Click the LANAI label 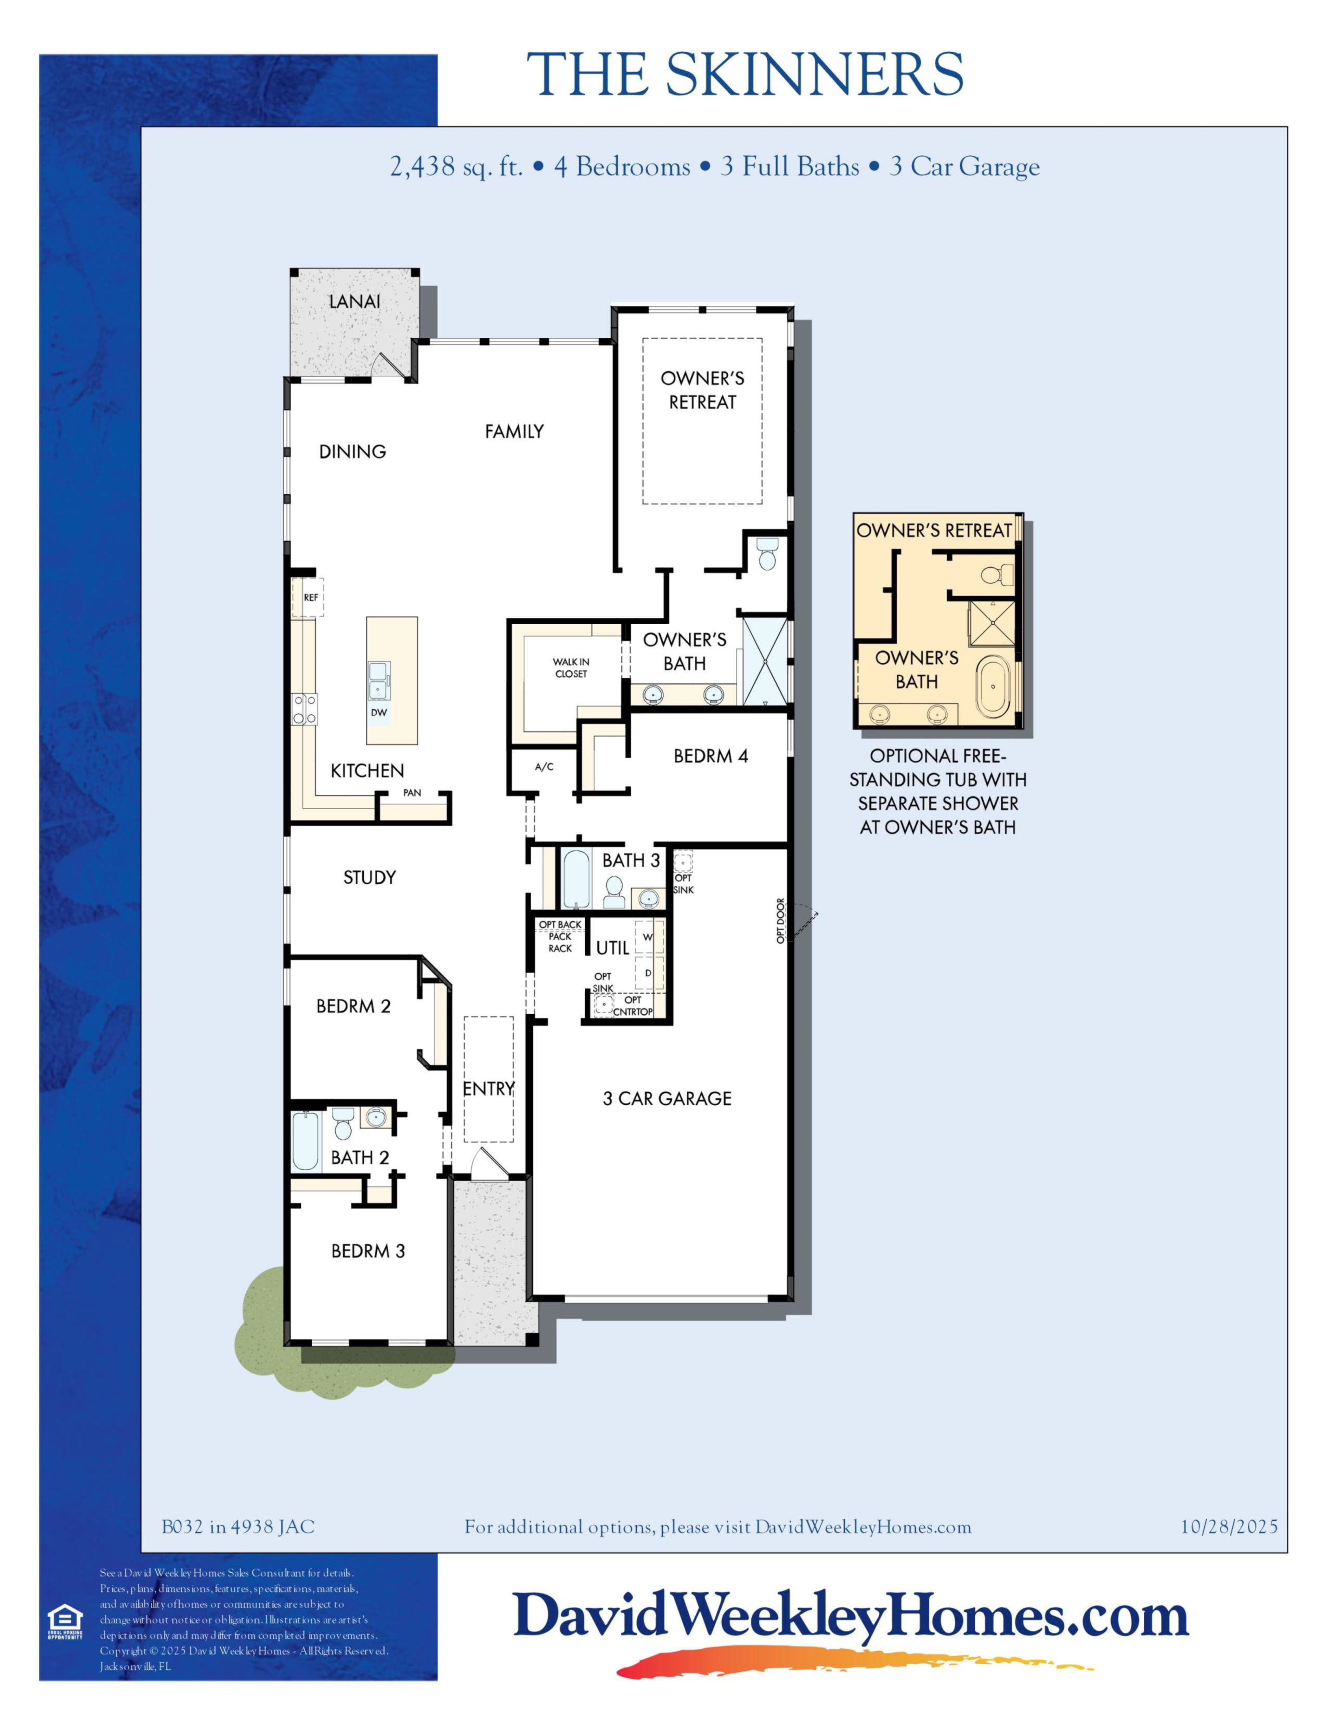pos(354,301)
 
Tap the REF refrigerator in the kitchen pos(308,597)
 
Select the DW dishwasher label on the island pos(379,712)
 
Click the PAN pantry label pos(412,793)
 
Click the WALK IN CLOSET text pos(571,668)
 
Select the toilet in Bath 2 pos(343,1124)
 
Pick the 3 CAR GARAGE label pos(667,1098)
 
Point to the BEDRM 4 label pos(711,756)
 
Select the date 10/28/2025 pos(1229,1527)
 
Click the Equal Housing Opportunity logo pos(64,1622)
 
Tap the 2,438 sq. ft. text pos(457,166)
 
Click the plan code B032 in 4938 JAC pos(238,1527)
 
